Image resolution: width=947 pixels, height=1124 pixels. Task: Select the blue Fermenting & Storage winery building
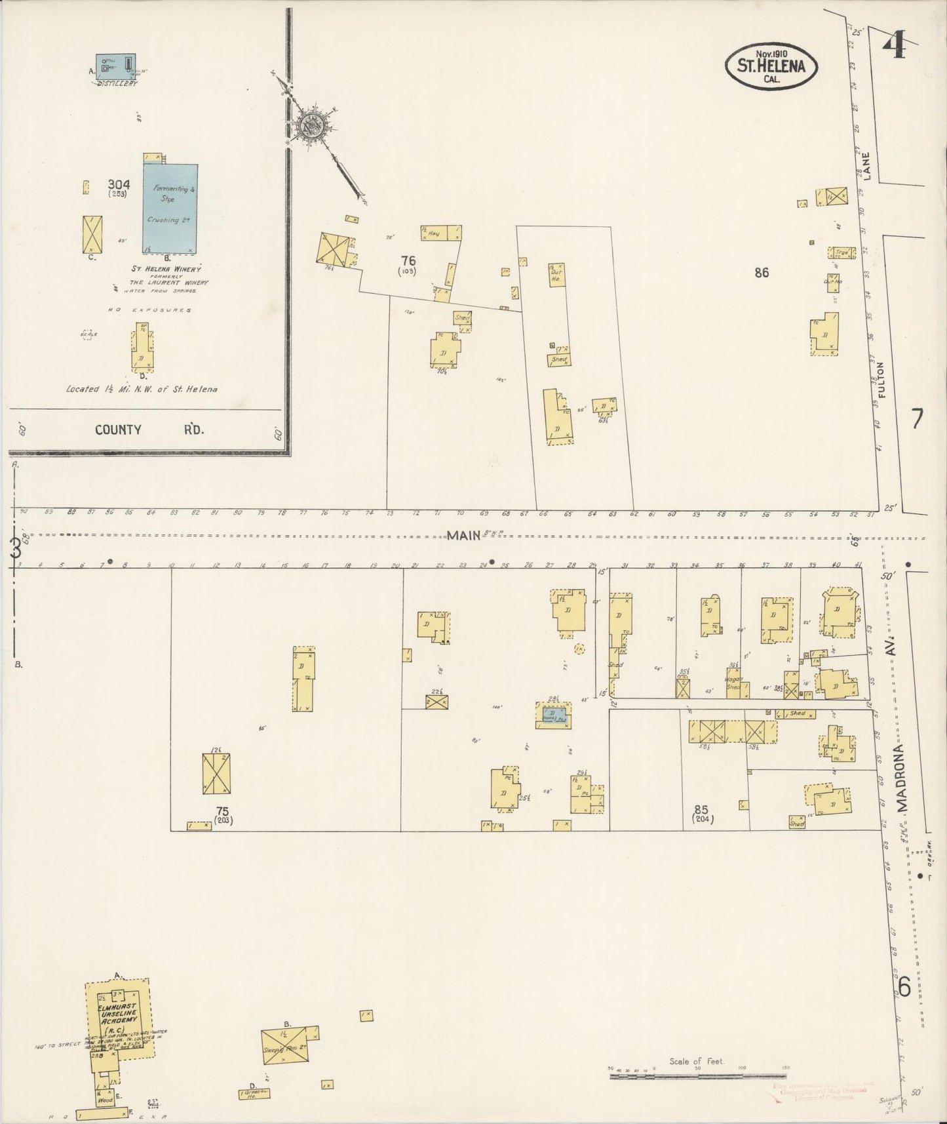pos(170,204)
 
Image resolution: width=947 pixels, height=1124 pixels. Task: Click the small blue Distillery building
pos(116,66)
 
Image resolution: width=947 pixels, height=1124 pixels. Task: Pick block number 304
pos(119,184)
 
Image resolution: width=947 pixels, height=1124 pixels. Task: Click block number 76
pos(408,261)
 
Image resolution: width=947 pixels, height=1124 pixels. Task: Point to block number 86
pos(760,273)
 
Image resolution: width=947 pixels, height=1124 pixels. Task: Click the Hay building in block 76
pos(440,233)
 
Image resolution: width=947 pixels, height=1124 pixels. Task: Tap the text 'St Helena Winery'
pos(166,269)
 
